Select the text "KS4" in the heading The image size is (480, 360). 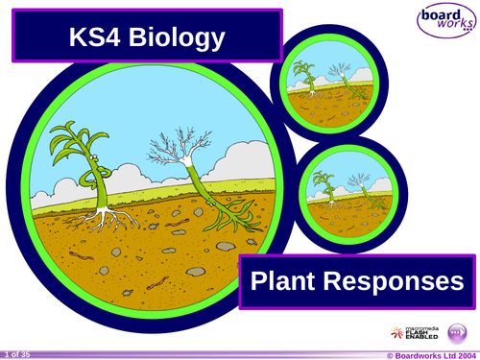(x=94, y=37)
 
